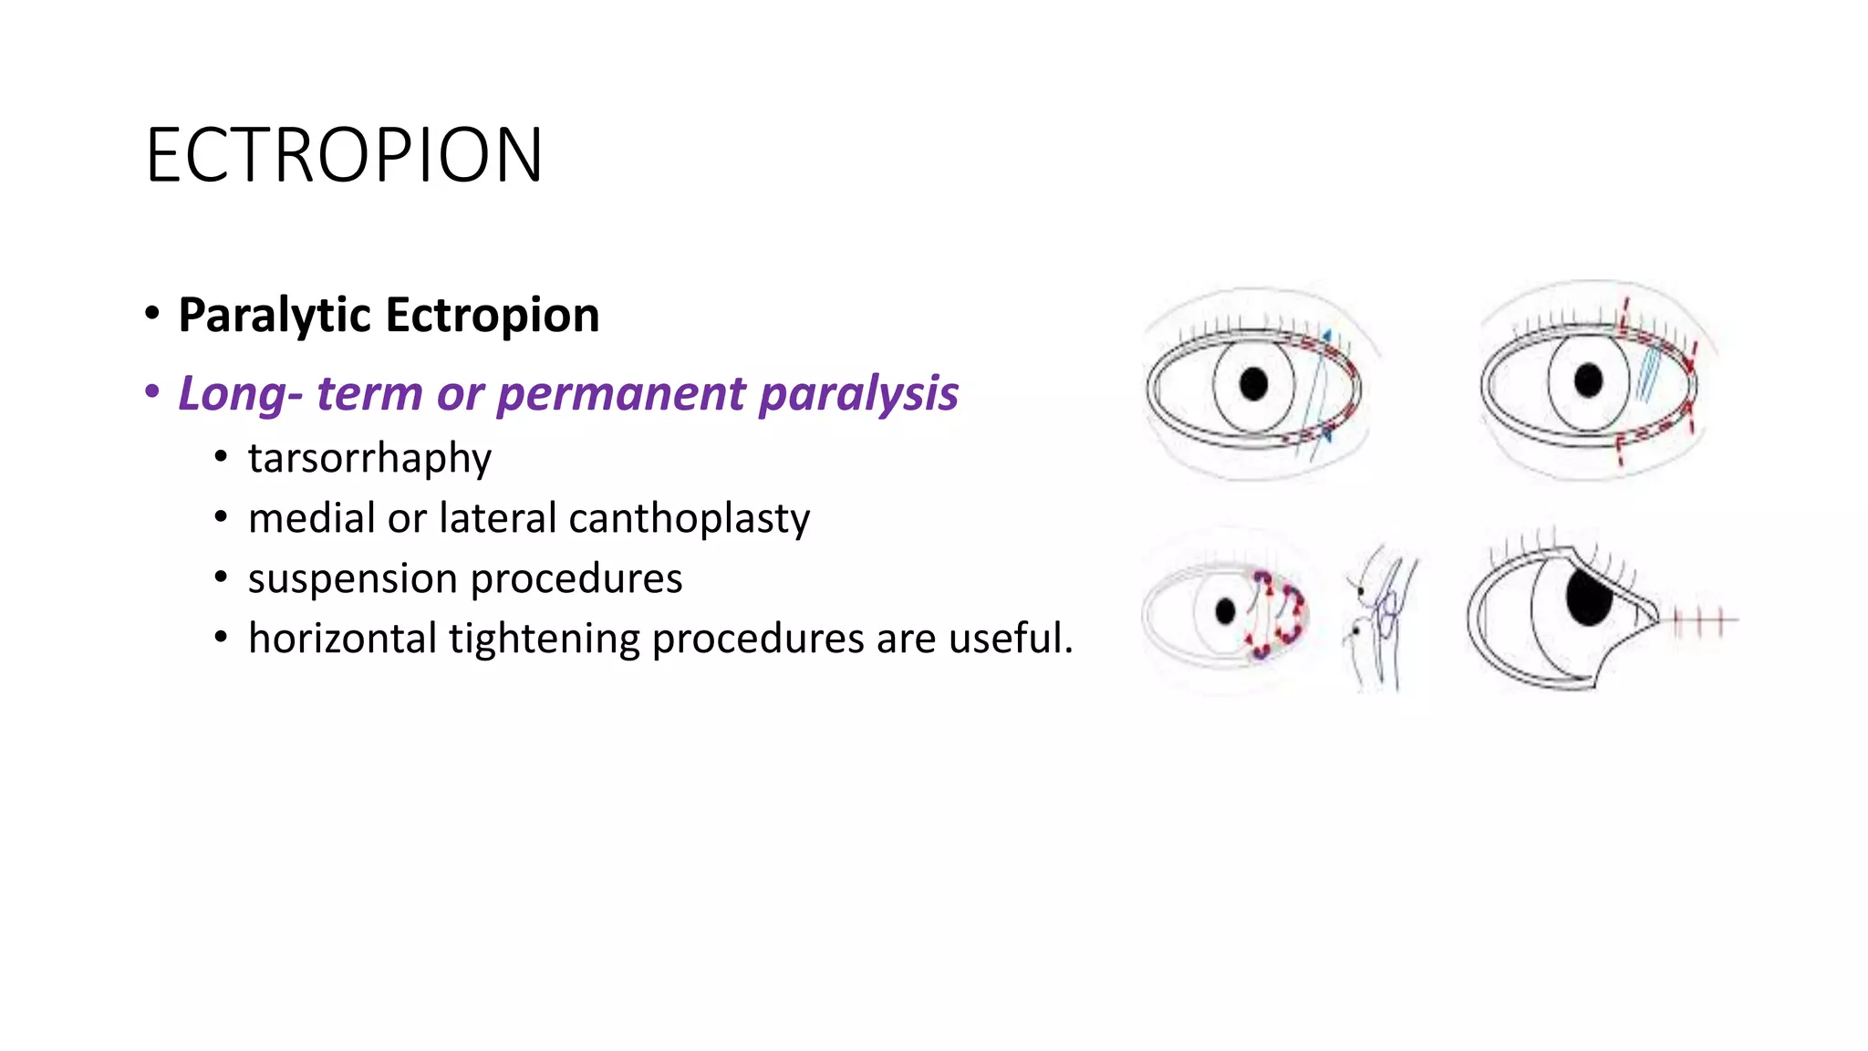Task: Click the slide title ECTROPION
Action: pyautogui.click(x=344, y=156)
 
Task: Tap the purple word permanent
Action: pyautogui.click(x=621, y=394)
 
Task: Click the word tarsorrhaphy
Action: pyautogui.click(x=369, y=458)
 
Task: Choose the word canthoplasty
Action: pyautogui.click(x=689, y=518)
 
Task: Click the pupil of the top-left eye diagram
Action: pyautogui.click(x=1254, y=384)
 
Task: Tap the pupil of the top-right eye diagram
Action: pyautogui.click(x=1588, y=380)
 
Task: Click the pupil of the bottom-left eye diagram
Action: pyautogui.click(x=1226, y=611)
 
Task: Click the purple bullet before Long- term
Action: pyautogui.click(x=152, y=392)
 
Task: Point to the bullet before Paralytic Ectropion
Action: pyautogui.click(x=152, y=314)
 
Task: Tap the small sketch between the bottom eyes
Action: pyautogui.click(x=1379, y=617)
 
